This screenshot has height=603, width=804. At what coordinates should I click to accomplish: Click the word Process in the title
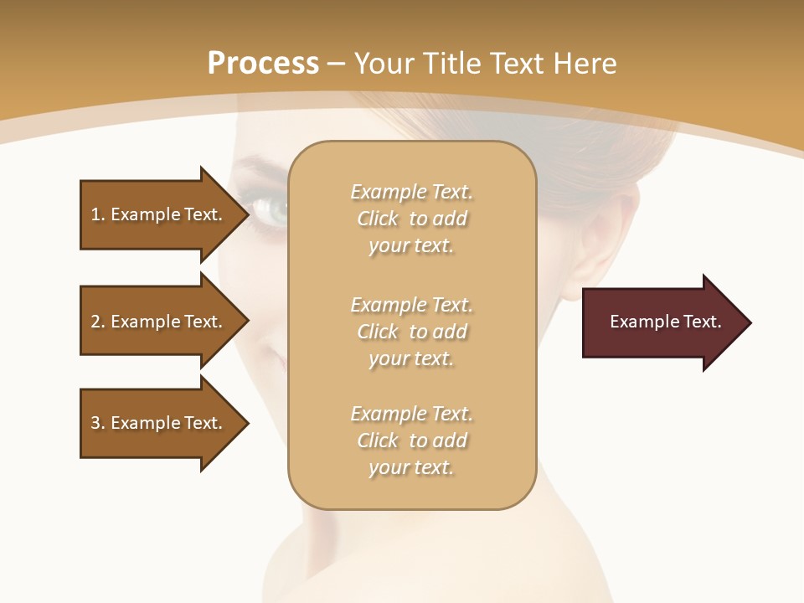(x=263, y=64)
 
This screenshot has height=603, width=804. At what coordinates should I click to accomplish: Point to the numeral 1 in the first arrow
(x=95, y=214)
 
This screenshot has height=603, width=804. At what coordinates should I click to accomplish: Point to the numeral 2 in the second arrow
(x=95, y=322)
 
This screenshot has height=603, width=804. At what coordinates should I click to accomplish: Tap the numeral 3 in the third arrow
(x=95, y=423)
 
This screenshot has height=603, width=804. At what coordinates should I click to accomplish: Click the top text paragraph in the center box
(x=411, y=219)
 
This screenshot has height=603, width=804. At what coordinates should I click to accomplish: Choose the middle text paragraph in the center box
(x=411, y=332)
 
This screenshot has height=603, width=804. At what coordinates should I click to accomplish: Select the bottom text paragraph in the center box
(x=411, y=441)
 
